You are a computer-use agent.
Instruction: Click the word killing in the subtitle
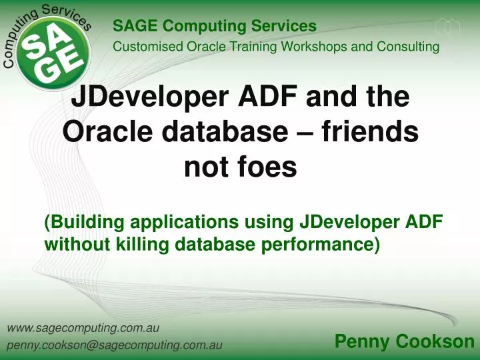tap(145, 245)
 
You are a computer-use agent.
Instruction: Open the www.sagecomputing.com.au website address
tap(82, 328)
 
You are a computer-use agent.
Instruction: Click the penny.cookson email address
tap(114, 346)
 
